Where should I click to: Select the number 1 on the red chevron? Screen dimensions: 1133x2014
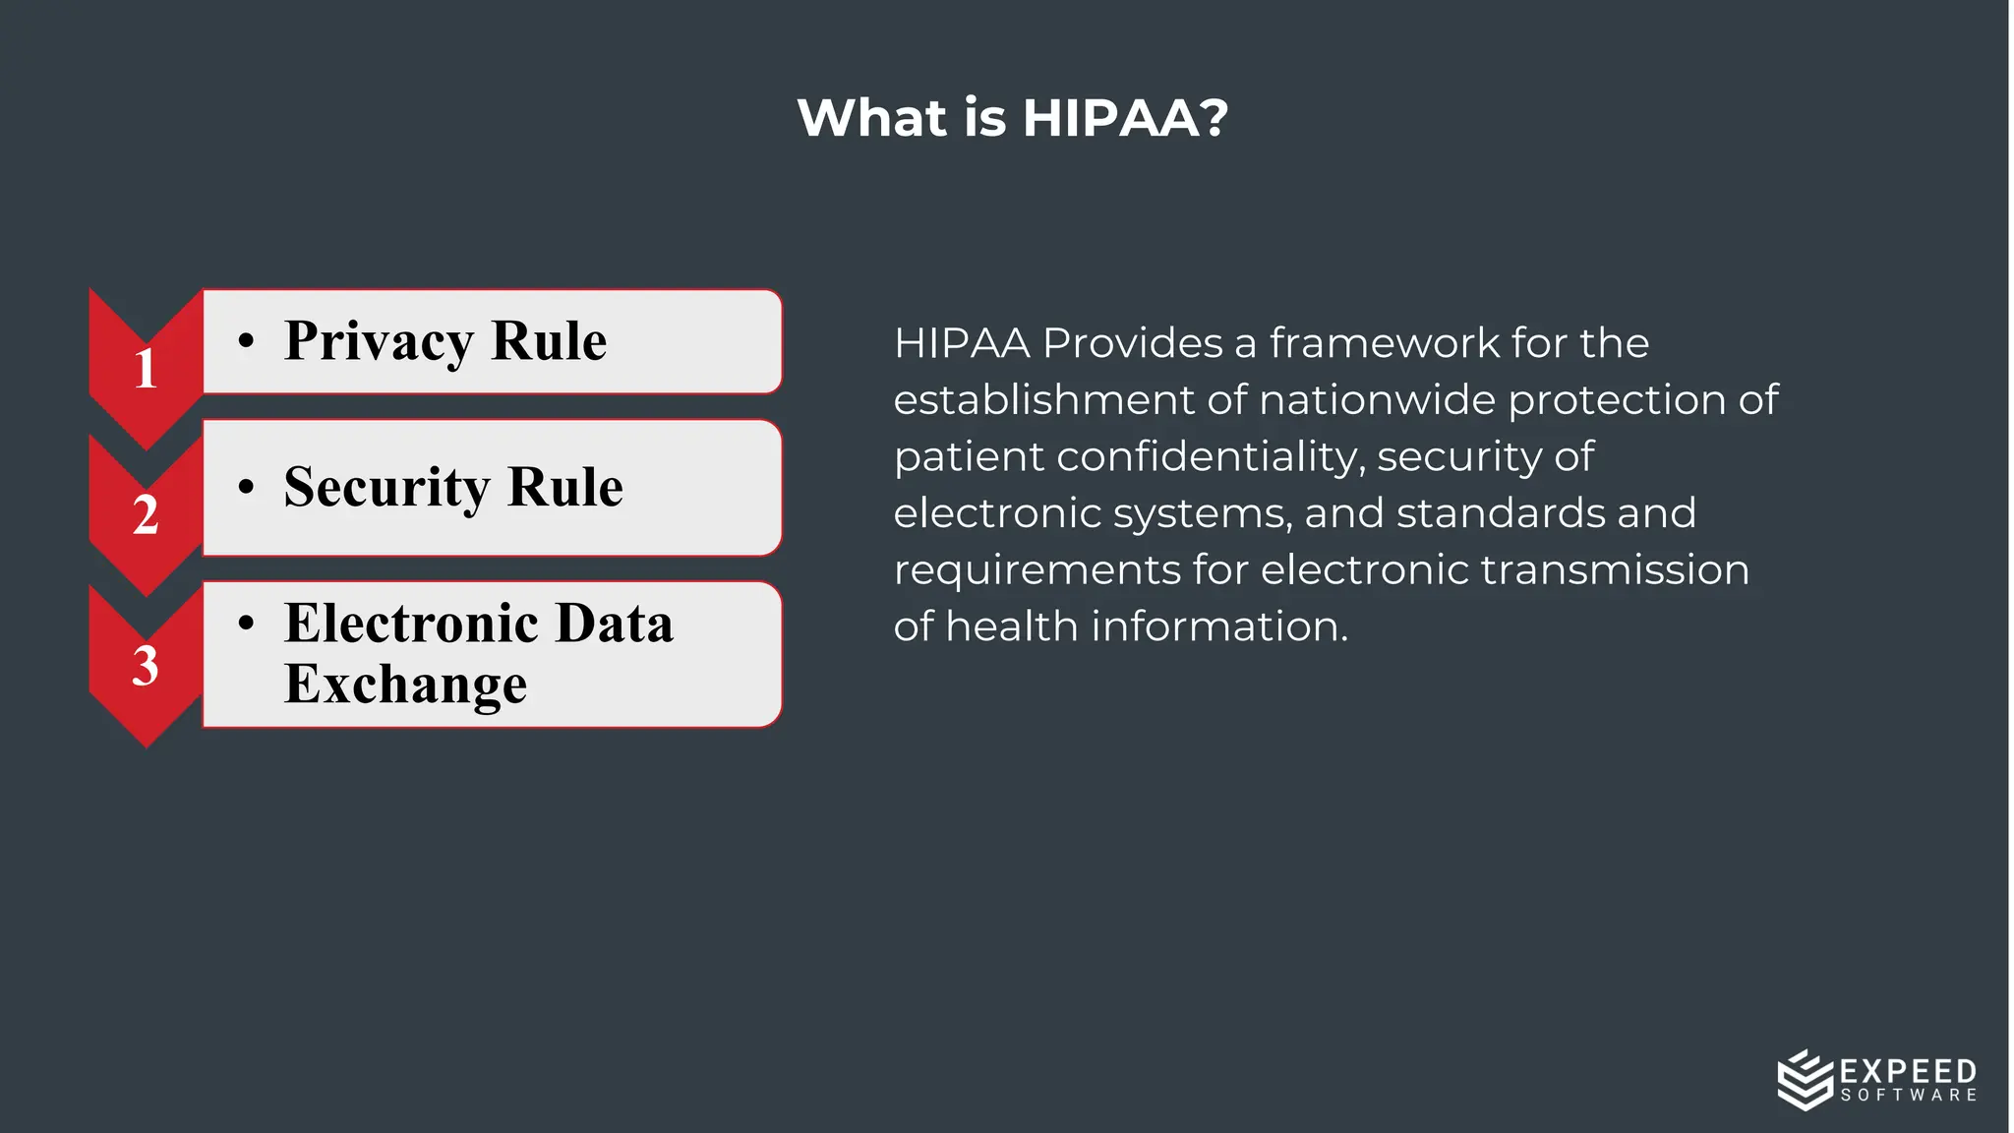(x=146, y=369)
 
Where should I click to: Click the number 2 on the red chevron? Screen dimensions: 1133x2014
(x=146, y=514)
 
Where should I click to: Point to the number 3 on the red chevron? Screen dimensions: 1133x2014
(x=146, y=666)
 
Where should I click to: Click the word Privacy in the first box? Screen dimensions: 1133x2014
(x=379, y=342)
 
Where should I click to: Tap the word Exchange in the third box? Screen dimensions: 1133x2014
(x=405, y=685)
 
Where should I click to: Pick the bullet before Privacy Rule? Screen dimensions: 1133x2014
(x=246, y=341)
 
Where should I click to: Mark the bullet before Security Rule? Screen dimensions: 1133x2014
(x=246, y=487)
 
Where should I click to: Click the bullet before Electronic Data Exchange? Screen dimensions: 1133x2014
(x=246, y=623)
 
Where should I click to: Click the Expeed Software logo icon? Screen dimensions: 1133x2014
(x=1805, y=1079)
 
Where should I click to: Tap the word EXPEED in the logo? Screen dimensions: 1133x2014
(x=1908, y=1071)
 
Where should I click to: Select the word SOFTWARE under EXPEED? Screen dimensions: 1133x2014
(x=1908, y=1096)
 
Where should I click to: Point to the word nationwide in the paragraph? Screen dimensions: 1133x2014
(x=1378, y=400)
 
